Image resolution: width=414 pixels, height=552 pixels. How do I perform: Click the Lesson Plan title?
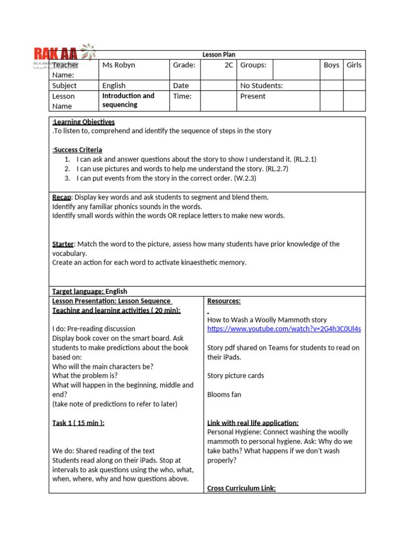coord(219,54)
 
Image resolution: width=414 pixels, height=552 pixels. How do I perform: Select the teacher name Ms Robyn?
coord(119,65)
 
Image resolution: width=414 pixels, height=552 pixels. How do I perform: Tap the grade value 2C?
coord(229,65)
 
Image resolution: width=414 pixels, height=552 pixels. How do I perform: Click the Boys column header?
coord(332,65)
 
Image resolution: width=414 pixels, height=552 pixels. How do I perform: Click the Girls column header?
coord(354,65)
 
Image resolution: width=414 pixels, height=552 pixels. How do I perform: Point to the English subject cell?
coord(114,86)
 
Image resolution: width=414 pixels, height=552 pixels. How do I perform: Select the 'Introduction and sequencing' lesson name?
coord(128,100)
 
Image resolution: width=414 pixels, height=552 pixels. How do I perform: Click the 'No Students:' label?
coord(261,86)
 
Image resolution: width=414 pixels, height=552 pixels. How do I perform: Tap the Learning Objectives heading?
coord(84,122)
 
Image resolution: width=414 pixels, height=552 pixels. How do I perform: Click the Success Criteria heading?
coord(78,150)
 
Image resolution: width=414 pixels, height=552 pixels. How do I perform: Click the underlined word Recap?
coord(61,197)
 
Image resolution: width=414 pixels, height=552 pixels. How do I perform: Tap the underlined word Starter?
coord(63,244)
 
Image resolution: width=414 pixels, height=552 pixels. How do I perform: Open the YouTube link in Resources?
coord(284,329)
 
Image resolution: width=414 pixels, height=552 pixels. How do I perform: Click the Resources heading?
coord(224,301)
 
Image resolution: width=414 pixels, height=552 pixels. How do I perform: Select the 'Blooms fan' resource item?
coord(224,395)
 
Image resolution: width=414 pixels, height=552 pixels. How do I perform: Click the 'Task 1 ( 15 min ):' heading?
coord(78,423)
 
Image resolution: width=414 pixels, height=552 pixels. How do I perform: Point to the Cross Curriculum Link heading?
coord(241,488)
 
